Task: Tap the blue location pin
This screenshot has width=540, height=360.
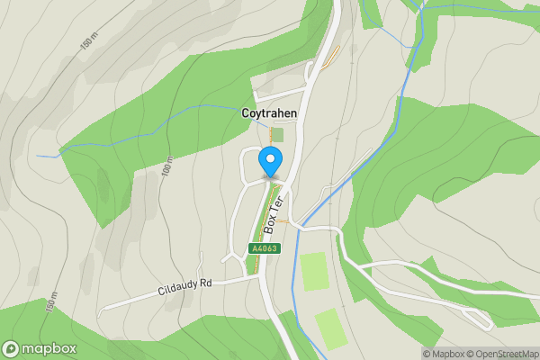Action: [269, 161]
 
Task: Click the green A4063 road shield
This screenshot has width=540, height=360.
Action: [265, 248]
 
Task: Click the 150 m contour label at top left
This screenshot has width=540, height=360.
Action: [87, 43]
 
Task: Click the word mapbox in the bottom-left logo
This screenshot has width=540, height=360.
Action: [49, 349]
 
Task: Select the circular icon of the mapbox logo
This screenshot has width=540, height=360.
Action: [11, 349]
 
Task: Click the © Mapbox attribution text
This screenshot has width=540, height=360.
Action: [446, 354]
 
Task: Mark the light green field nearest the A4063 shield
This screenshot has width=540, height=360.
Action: [314, 271]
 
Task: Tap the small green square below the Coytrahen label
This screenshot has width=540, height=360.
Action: [277, 134]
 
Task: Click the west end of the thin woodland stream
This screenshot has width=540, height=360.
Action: [40, 156]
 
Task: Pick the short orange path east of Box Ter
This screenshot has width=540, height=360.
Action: [282, 220]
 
